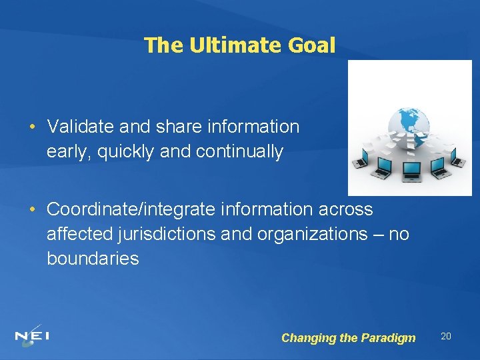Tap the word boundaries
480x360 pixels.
click(x=93, y=259)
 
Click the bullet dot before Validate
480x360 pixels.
click(x=32, y=126)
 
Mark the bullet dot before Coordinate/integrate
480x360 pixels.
click(x=32, y=209)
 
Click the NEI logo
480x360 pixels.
click(x=31, y=337)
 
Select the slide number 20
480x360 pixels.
click(x=446, y=336)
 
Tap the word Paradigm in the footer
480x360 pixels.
click(x=388, y=338)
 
